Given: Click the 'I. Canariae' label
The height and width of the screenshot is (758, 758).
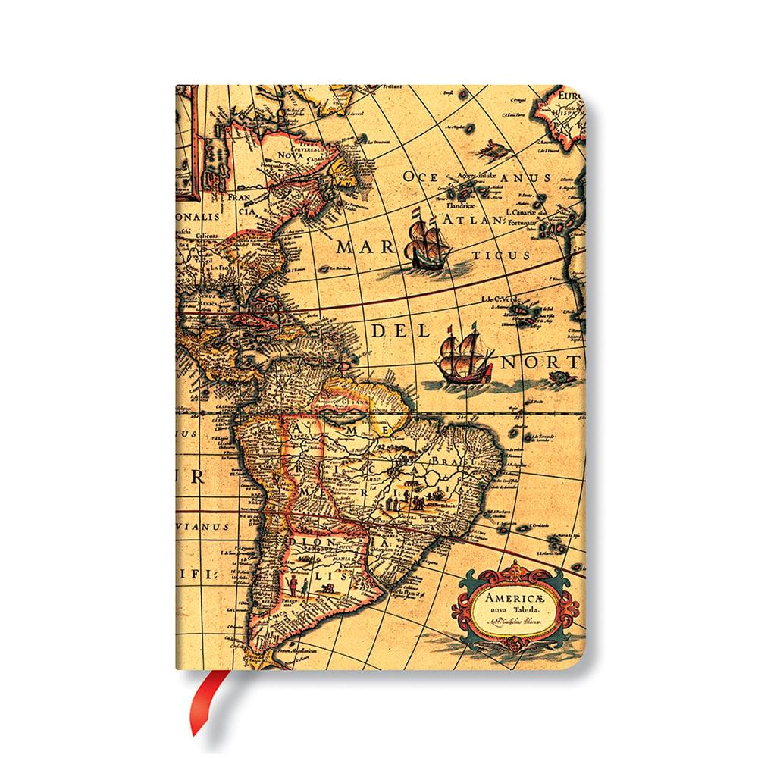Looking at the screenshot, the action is (x=531, y=214).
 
